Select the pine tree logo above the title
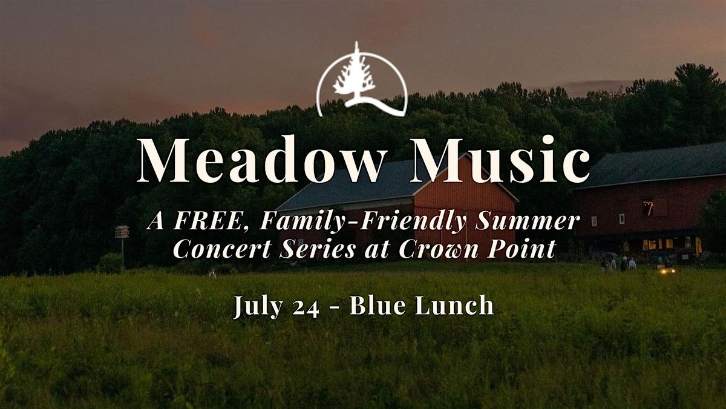pyautogui.click(x=362, y=79)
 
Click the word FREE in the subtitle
pyautogui.click(x=211, y=221)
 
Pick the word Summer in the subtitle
pyautogui.click(x=527, y=221)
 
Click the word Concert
pyautogui.click(x=223, y=249)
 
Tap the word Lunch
pyautogui.click(x=455, y=305)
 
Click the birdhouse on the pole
pyautogui.click(x=122, y=232)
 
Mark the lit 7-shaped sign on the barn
pyautogui.click(x=648, y=208)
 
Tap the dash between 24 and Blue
pyautogui.click(x=335, y=307)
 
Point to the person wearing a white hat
pyautogui.click(x=623, y=263)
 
